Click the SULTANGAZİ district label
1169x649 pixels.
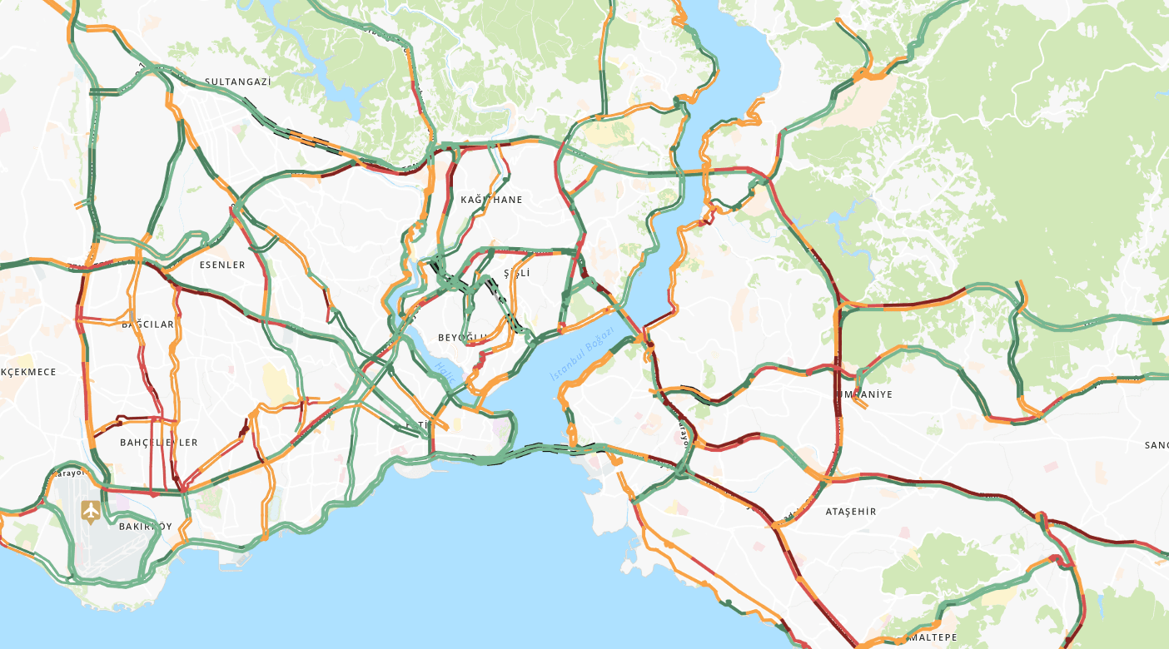(238, 82)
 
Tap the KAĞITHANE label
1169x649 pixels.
(491, 200)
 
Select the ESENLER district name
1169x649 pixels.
(222, 265)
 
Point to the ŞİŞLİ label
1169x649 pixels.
(516, 273)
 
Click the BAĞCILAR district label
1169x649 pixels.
(148, 324)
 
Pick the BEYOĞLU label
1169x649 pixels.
(462, 338)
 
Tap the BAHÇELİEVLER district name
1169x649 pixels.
(159, 443)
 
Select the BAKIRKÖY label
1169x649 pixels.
(145, 527)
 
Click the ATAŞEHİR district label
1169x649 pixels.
(850, 512)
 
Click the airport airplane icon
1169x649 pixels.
(90, 510)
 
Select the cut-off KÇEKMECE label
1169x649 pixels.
(28, 372)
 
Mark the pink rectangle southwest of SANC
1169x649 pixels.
(1051, 467)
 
